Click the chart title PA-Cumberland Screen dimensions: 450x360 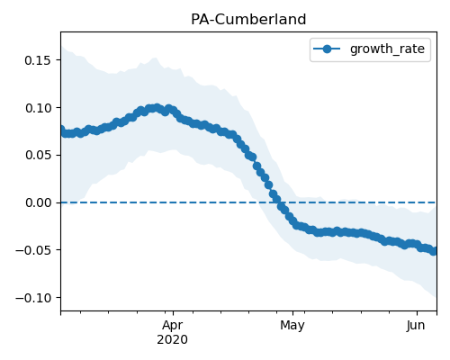[248, 20]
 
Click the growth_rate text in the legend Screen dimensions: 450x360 [387, 49]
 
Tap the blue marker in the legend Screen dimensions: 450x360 [327, 49]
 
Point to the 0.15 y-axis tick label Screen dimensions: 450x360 [38, 60]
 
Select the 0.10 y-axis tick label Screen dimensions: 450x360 [38, 108]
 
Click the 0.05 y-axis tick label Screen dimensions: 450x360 [38, 156]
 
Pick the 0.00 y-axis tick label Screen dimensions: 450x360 [38, 202]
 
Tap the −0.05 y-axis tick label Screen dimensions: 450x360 [33, 250]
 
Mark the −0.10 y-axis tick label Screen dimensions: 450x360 [33, 298]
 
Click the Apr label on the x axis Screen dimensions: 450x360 [173, 325]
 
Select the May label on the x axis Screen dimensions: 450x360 [292, 325]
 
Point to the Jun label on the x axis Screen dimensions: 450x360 [416, 325]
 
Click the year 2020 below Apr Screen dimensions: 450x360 [173, 340]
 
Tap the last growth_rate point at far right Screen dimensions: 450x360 [433, 251]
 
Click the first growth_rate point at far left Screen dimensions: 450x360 [61, 130]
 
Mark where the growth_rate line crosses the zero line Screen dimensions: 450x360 [280, 202]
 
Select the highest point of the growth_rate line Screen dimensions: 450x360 [157, 108]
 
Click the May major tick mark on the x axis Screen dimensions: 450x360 [293, 313]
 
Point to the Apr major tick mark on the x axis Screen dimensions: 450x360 [173, 313]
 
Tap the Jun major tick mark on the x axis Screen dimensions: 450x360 [417, 313]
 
